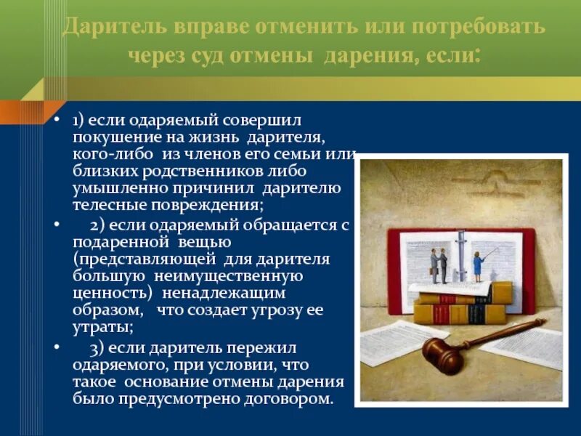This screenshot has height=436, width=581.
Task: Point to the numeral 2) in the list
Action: pos(99,225)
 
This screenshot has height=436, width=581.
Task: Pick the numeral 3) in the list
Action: pos(99,347)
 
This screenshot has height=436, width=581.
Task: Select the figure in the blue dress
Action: pos(479,266)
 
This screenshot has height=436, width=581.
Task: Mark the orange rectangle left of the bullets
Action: pos(20,113)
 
